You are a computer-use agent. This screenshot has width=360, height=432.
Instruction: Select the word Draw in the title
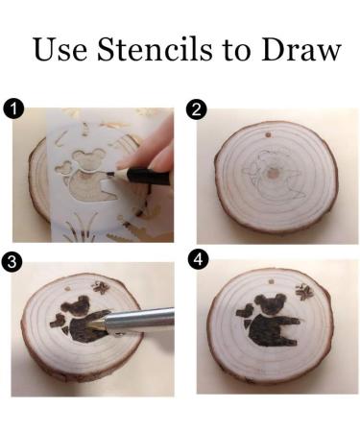point(299,49)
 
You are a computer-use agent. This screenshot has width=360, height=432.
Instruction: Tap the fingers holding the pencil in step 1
point(158,154)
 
